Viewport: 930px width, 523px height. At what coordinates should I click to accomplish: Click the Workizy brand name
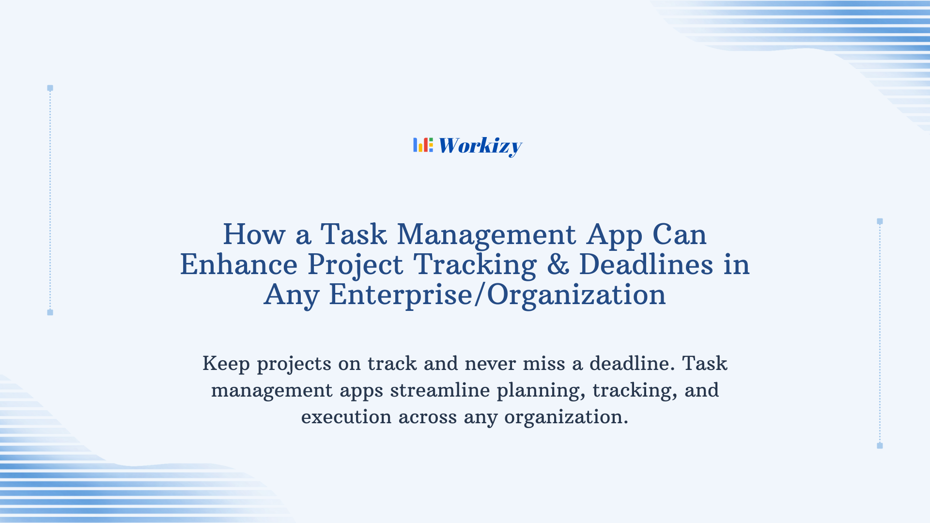pyautogui.click(x=480, y=146)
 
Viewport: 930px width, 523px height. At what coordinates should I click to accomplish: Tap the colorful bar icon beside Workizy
pyautogui.click(x=423, y=145)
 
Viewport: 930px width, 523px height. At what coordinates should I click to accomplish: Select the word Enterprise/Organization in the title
pyautogui.click(x=497, y=295)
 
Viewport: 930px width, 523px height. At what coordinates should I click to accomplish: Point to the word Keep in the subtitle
pyautogui.click(x=226, y=364)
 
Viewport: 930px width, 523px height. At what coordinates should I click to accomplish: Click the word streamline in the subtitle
pyautogui.click(x=440, y=390)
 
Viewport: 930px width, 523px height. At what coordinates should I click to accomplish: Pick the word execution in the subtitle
pyautogui.click(x=346, y=417)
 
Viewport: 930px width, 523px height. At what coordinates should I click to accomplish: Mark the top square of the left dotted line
pyautogui.click(x=50, y=88)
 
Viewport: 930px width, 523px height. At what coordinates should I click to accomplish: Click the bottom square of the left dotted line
pyautogui.click(x=50, y=312)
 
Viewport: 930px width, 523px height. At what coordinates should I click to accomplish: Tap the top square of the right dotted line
pyautogui.click(x=880, y=221)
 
